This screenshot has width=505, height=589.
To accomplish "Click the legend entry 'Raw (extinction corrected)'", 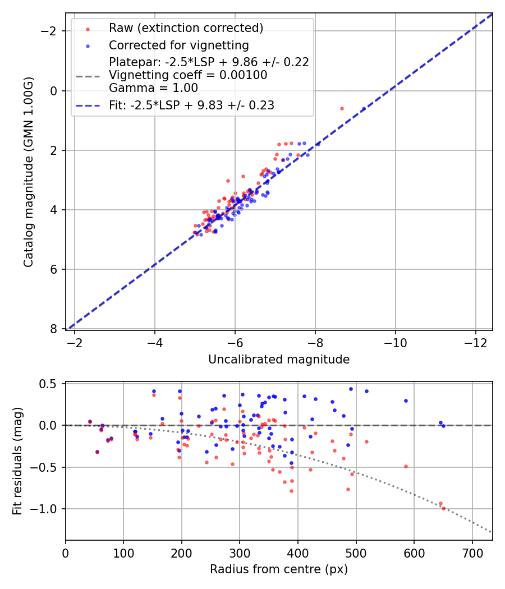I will click(x=186, y=28).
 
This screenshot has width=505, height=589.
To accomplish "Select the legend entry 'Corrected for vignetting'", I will click(x=179, y=45).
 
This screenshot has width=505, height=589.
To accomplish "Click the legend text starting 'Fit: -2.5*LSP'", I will click(x=191, y=105).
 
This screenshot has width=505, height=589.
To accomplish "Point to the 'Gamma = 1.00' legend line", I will click(x=153, y=88).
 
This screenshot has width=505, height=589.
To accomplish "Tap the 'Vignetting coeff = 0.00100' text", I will click(x=188, y=75).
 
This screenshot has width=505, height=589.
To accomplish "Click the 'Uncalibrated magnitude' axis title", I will click(x=279, y=360).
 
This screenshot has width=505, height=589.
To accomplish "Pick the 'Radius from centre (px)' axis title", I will click(x=279, y=569).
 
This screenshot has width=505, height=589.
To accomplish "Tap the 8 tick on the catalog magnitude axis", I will click(x=54, y=329).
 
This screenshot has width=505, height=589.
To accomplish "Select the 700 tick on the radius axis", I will click(x=472, y=553).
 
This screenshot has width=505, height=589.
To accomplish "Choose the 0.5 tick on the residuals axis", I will click(x=50, y=384).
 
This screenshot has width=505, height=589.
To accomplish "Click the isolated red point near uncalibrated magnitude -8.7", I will click(x=342, y=108).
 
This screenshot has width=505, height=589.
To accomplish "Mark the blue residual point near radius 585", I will click(x=406, y=401).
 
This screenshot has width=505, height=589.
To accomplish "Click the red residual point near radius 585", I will click(x=406, y=466).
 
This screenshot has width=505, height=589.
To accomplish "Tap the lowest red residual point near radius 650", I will click(x=443, y=508).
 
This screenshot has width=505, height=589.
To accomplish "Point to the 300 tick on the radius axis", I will click(x=240, y=553).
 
